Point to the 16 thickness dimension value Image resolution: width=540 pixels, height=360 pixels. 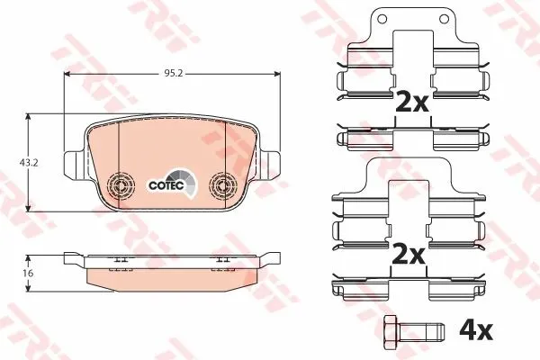point(29,274)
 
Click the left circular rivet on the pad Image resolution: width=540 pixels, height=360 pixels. point(121,186)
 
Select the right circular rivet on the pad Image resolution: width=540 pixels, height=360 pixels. point(223,186)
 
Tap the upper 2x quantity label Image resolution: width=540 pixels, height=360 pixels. point(411,101)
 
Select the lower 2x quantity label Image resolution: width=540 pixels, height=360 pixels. point(409,254)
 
